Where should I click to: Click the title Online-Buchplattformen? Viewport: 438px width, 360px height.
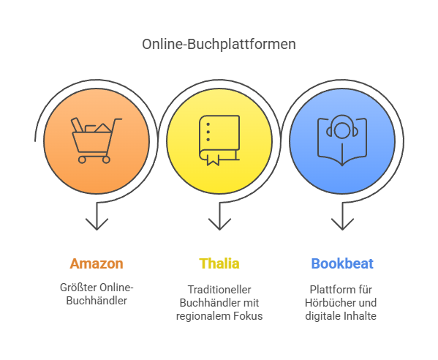[x=219, y=45]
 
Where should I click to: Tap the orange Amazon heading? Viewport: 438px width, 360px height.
[x=97, y=263]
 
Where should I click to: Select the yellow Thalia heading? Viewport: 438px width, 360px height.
[x=219, y=263]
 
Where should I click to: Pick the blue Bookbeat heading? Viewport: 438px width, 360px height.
[x=342, y=263]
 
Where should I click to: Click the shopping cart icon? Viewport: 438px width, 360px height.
[x=97, y=140]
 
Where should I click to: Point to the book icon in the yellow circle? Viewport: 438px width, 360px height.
[x=219, y=140]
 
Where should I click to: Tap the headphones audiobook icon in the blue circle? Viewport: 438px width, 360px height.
[x=342, y=140]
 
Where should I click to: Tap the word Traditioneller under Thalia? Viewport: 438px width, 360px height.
[x=219, y=290]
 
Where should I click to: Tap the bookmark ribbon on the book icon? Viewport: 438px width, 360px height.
[x=213, y=160]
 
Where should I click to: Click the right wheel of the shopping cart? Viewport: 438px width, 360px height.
[x=106, y=160]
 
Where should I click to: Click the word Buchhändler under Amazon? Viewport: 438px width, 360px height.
[x=97, y=301]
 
